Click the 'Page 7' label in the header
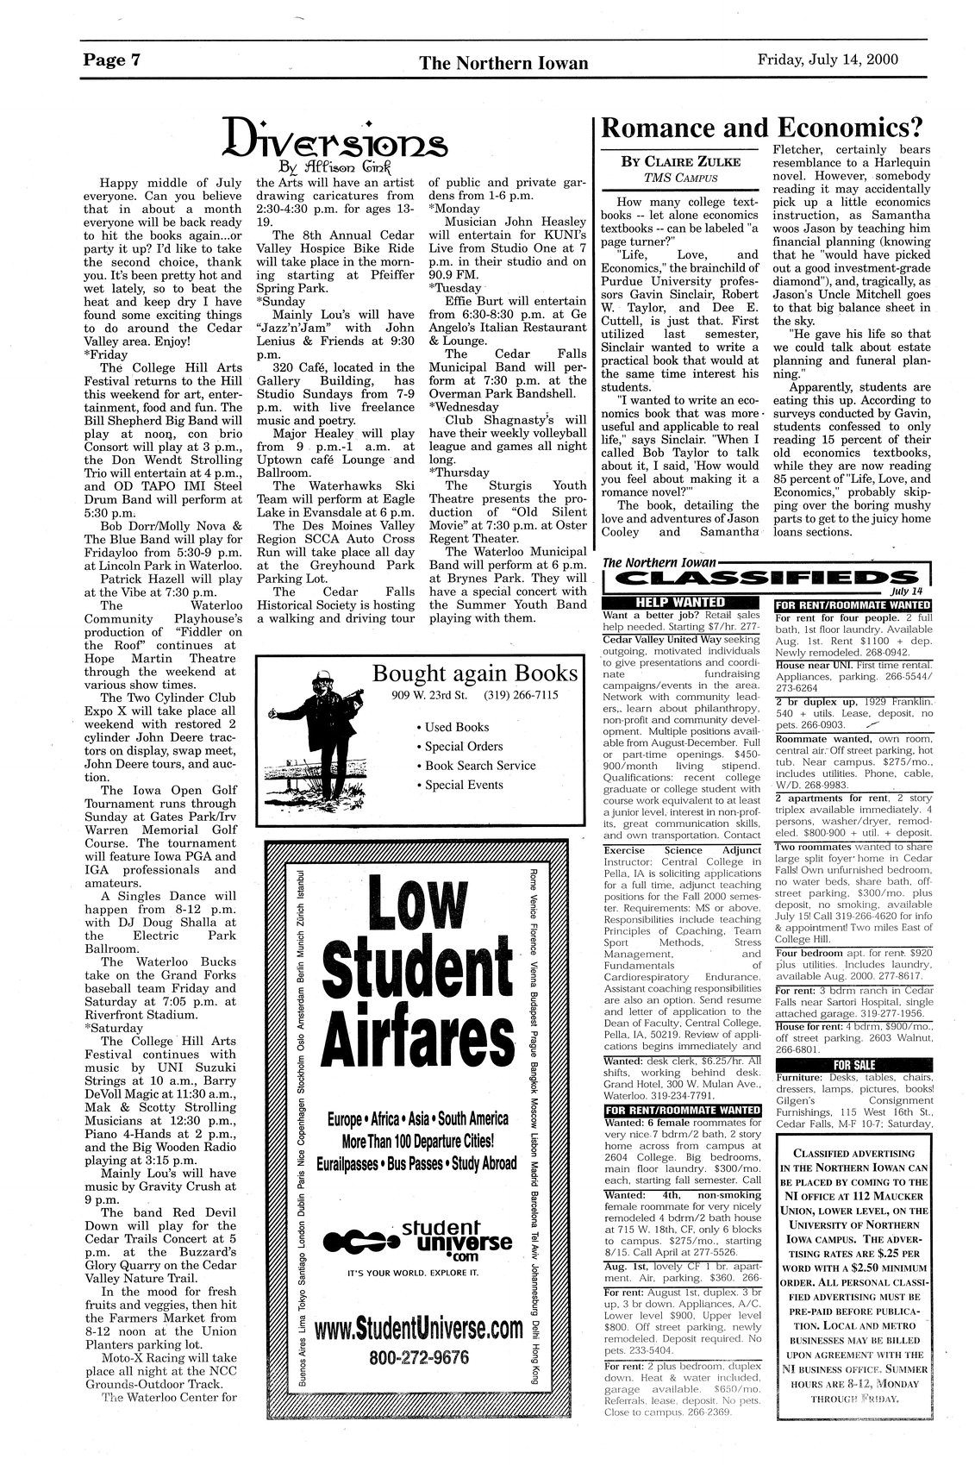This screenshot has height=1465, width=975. [112, 61]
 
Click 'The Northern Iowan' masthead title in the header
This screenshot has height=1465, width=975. [504, 63]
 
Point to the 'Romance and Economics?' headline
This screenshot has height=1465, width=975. [761, 128]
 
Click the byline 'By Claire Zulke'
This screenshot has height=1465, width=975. [676, 161]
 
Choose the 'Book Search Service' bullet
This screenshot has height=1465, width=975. [480, 766]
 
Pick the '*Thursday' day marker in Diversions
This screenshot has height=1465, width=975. [458, 472]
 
